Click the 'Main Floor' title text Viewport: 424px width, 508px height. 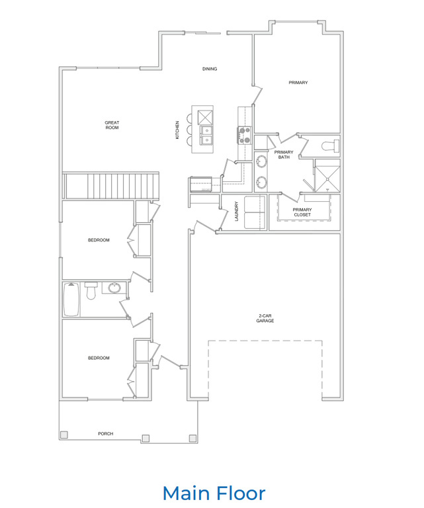(x=214, y=493)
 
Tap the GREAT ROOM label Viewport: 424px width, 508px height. (x=112, y=124)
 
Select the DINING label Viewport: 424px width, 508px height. (x=210, y=69)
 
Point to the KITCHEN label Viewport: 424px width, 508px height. (x=177, y=129)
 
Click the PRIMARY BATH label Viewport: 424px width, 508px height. (x=284, y=155)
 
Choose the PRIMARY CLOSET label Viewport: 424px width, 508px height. (x=302, y=212)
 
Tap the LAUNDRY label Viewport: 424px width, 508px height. (x=236, y=211)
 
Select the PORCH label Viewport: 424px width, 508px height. (x=105, y=434)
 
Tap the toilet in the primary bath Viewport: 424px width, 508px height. (x=328, y=146)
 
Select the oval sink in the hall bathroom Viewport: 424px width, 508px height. (x=115, y=288)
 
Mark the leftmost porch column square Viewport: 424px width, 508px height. (x=64, y=435)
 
